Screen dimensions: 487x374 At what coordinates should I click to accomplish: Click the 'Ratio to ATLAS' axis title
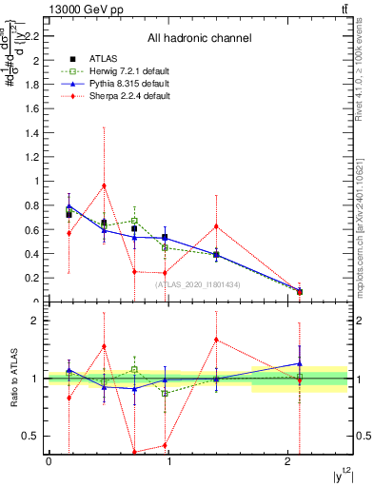[14, 379]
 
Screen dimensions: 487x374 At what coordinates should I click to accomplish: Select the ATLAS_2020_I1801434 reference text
[199, 284]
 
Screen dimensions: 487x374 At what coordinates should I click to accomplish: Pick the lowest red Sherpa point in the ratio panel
[134, 452]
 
